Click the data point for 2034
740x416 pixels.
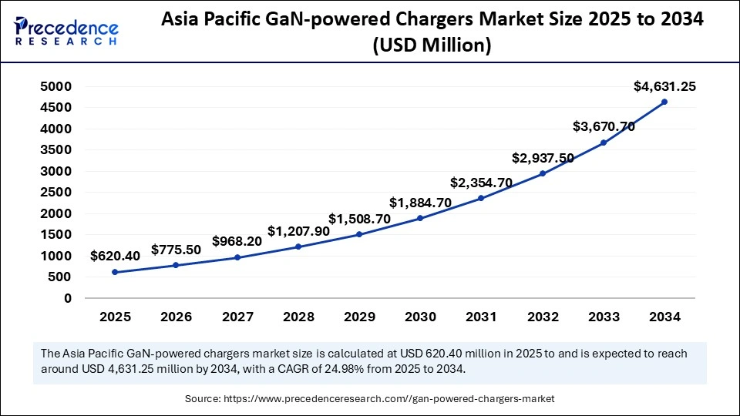coord(664,102)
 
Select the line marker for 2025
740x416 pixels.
coord(115,272)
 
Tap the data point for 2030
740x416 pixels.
coord(420,218)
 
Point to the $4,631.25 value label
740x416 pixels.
coord(664,86)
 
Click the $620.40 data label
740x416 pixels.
coord(115,256)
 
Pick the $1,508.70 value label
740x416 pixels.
coord(359,219)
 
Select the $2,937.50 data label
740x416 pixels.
coord(543,158)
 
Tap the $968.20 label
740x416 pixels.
coord(237,241)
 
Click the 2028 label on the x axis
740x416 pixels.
coord(298,317)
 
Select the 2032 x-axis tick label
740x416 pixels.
coord(543,317)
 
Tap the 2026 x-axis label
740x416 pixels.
coord(176,317)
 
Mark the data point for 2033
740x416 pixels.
coord(604,143)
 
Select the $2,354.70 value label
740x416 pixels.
coord(482,183)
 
